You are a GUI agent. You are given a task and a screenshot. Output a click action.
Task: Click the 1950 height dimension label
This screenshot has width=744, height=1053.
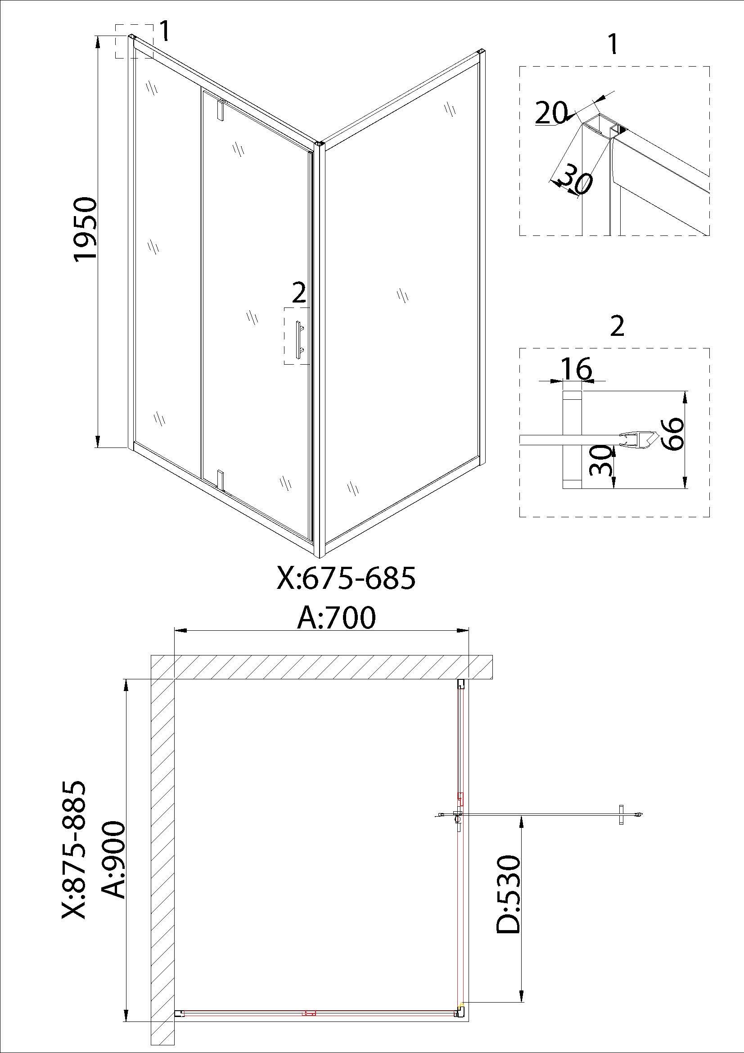point(86,229)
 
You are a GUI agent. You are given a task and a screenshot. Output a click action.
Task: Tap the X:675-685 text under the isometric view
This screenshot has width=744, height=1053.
point(346,578)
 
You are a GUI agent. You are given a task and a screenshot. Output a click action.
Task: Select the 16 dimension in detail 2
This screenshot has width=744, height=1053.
point(576,369)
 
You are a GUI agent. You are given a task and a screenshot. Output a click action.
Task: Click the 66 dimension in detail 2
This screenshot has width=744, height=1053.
point(672,434)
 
